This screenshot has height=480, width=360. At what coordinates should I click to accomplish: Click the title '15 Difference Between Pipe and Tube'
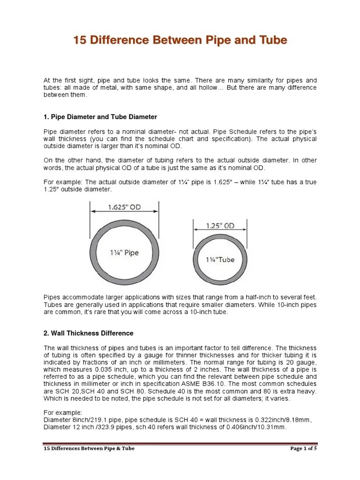coord(180,41)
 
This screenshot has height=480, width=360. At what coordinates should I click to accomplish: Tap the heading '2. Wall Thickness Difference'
coord(89,333)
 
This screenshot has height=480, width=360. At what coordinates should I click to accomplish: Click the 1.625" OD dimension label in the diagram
coord(124,207)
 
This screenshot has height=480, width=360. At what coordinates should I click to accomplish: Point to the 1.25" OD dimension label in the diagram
coord(220,226)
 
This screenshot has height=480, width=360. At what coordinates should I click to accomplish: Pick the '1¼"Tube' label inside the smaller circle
coord(220,259)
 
